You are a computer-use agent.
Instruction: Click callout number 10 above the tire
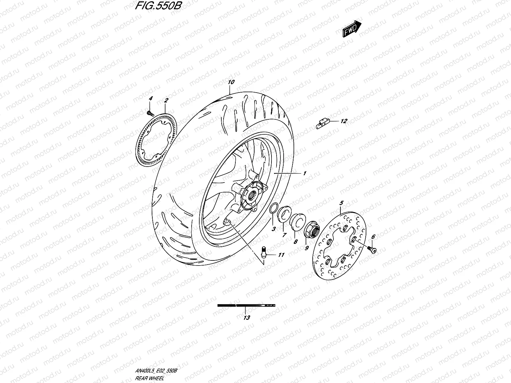(231, 82)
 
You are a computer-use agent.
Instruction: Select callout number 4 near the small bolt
(151, 100)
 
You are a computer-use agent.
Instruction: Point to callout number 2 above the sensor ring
(166, 100)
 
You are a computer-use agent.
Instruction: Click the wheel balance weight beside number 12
(322, 123)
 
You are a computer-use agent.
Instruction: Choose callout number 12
(343, 121)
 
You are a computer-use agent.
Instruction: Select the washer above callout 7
(284, 214)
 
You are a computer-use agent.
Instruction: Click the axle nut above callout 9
(310, 228)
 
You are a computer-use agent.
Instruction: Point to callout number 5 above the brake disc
(341, 203)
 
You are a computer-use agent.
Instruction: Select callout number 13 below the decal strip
(246, 318)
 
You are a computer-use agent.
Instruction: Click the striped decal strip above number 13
(246, 305)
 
